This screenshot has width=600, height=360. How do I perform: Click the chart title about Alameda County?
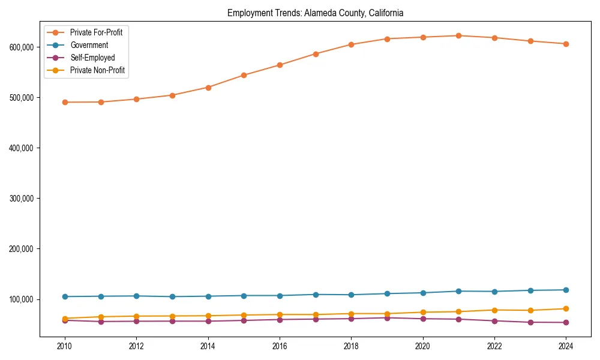[x=315, y=13]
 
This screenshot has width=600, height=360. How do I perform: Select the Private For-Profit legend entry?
[x=96, y=32]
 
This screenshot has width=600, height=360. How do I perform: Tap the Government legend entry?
[x=89, y=45]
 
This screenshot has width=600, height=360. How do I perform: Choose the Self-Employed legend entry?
[x=92, y=58]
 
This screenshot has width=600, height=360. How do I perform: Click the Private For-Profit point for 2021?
[x=459, y=35]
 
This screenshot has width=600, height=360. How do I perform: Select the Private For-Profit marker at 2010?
[x=65, y=102]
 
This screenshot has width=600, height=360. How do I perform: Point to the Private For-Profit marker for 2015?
[x=244, y=75]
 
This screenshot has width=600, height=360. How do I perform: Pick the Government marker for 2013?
[x=172, y=296]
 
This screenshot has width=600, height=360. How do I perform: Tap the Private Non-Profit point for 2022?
[x=494, y=310]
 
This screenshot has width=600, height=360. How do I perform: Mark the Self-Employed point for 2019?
[x=387, y=318]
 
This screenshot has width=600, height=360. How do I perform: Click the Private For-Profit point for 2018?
[x=351, y=44]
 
